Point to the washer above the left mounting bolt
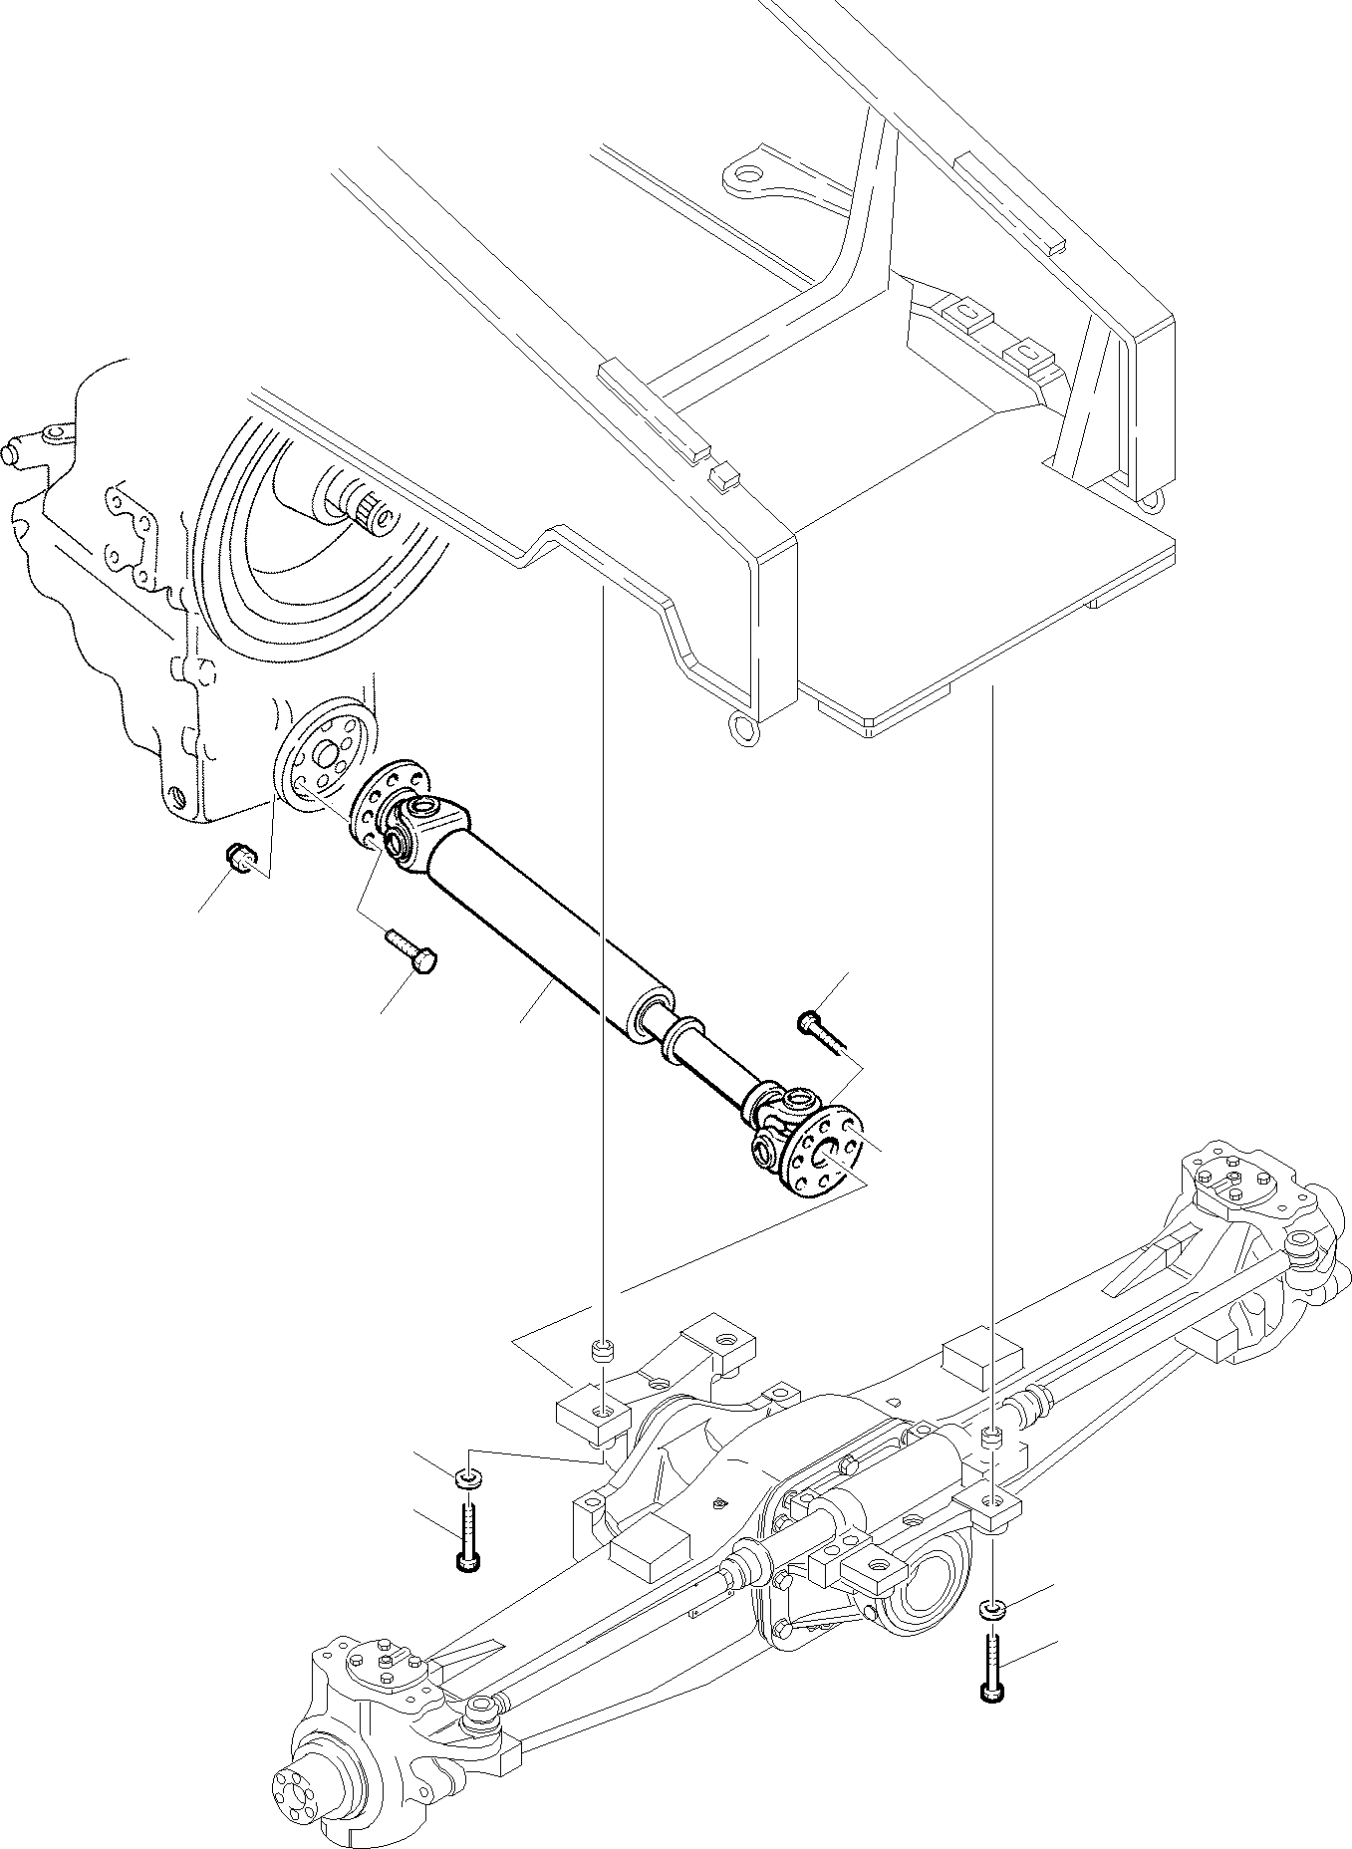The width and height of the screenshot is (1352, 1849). tap(468, 1476)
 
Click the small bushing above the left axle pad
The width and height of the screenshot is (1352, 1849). tap(601, 1352)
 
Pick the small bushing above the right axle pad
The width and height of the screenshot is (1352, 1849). tap(991, 1438)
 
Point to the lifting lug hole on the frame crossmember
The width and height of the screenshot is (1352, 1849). tap(745, 175)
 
